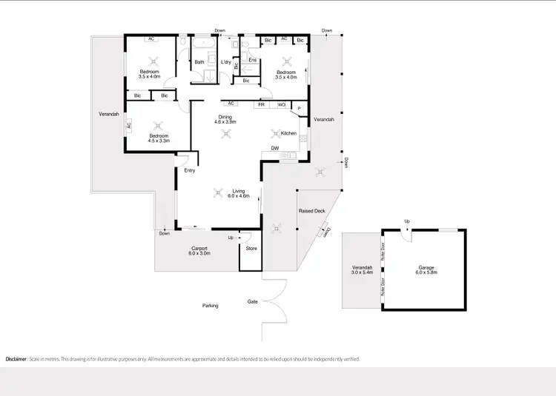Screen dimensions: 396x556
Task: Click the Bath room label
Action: click(x=199, y=61)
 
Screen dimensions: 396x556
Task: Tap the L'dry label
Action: click(x=227, y=61)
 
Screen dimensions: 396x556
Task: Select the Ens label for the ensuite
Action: click(x=252, y=59)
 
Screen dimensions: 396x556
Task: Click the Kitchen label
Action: click(x=288, y=133)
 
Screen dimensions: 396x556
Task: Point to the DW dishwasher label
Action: click(x=275, y=148)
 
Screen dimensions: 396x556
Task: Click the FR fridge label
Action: click(x=261, y=105)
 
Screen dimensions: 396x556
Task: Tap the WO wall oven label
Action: click(x=282, y=105)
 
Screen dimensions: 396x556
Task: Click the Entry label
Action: click(x=191, y=171)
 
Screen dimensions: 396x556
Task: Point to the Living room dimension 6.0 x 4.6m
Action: click(x=239, y=197)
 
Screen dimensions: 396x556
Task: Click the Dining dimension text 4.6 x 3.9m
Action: click(x=225, y=121)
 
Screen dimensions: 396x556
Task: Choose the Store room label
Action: click(x=251, y=248)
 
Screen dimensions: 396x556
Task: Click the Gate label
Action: click(x=253, y=301)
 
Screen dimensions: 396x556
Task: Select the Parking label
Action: click(x=211, y=305)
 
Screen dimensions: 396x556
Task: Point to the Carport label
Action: click(x=199, y=248)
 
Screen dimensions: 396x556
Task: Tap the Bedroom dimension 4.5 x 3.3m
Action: click(x=159, y=141)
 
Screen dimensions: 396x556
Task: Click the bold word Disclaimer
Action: click(x=16, y=359)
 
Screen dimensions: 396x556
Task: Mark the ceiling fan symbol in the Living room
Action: click(x=218, y=193)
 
